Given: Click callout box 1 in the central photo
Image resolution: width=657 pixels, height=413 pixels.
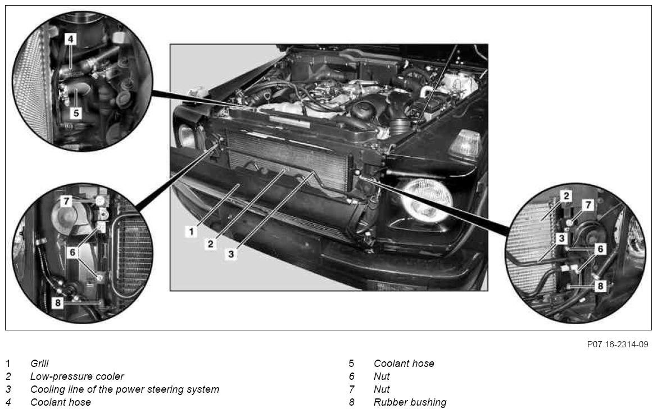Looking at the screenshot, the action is point(192,231).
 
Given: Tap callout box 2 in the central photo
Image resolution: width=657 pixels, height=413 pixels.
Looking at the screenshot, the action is point(211,243).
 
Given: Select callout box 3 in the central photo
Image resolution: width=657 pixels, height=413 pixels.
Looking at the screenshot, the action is point(232,254).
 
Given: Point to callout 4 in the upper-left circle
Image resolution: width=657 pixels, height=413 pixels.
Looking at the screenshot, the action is point(70,39).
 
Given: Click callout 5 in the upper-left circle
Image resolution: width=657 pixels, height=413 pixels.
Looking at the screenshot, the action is point(76,113).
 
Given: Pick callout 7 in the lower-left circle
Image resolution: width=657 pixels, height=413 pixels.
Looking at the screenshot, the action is point(66,201).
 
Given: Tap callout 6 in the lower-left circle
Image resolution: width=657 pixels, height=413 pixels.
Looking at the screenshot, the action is point(73,252).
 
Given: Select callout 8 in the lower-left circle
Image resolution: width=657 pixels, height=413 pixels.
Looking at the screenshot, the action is point(58,302).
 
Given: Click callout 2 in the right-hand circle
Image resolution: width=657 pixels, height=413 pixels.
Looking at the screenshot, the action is point(567,196).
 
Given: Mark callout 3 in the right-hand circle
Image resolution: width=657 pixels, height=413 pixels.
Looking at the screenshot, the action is point(561,239).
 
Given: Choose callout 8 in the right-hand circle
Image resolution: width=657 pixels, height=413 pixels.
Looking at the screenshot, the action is point(600,286).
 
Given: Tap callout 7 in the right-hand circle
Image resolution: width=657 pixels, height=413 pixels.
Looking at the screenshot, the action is point(588,205).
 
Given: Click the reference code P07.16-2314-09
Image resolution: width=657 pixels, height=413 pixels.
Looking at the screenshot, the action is point(618,344).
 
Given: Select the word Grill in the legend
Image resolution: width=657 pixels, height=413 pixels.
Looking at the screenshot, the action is point(39,364).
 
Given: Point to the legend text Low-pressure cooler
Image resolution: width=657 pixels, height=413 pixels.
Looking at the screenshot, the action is point(77,376).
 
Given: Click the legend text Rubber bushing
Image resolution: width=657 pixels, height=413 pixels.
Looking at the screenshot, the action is point(410,402).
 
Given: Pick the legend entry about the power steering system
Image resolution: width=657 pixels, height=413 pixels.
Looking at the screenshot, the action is point(124,389).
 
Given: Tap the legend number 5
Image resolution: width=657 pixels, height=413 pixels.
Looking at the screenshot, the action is point(352,364).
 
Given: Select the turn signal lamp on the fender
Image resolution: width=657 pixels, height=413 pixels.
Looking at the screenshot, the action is point(465,146).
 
